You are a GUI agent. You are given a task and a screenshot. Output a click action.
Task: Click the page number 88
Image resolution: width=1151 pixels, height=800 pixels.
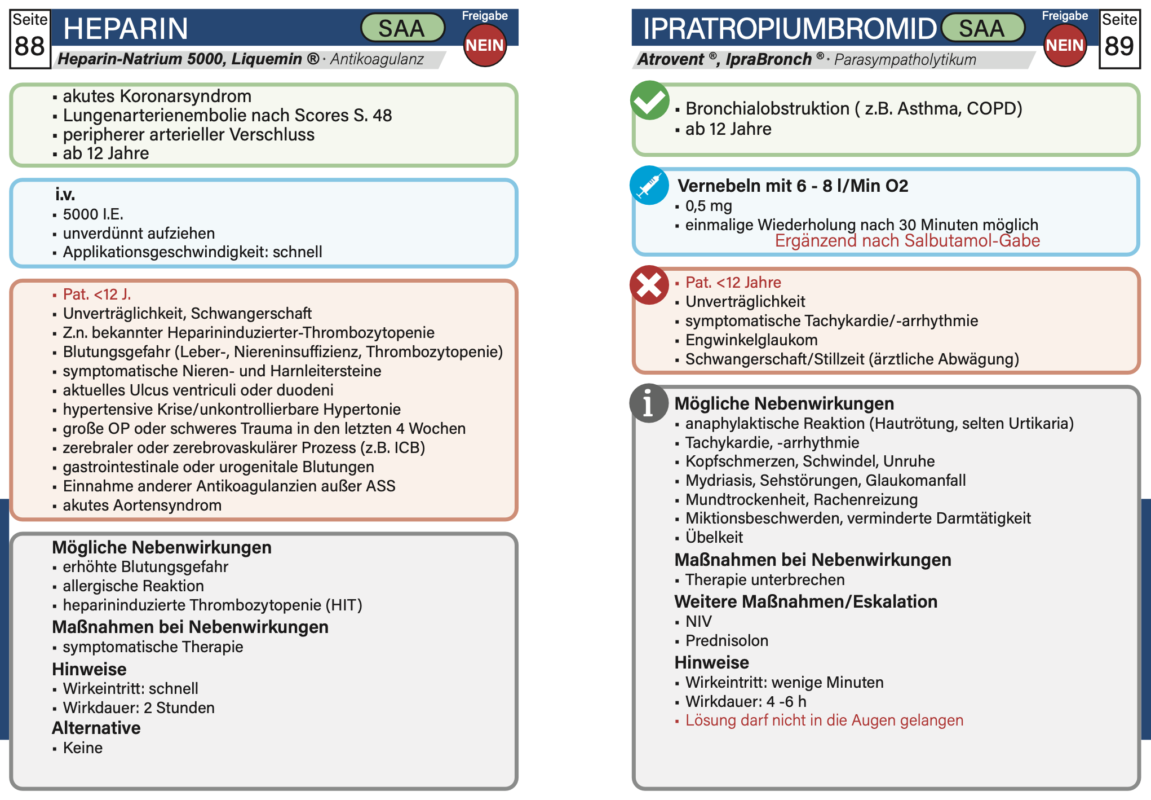click(30, 46)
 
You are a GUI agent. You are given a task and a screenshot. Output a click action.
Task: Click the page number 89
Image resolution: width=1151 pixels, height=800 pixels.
click(1119, 46)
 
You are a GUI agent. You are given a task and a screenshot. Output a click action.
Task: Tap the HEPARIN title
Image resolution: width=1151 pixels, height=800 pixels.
click(126, 29)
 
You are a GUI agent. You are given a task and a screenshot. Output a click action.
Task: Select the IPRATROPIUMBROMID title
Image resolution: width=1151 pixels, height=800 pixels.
click(789, 29)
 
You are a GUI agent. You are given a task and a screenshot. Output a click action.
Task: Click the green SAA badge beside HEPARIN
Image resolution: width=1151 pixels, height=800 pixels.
click(402, 28)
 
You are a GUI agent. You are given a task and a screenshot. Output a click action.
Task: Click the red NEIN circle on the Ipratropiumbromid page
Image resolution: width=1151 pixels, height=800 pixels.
click(1065, 46)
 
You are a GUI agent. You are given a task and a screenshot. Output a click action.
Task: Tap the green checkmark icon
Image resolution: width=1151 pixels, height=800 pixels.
click(649, 100)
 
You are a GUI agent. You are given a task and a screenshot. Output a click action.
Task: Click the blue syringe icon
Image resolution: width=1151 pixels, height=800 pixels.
click(649, 185)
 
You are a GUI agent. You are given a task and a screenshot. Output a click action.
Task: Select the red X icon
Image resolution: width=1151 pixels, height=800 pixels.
click(649, 285)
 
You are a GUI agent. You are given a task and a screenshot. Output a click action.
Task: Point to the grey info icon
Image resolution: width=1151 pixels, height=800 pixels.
click(648, 403)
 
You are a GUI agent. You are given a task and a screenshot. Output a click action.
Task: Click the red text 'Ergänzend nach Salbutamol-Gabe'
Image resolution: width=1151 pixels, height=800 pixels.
click(907, 241)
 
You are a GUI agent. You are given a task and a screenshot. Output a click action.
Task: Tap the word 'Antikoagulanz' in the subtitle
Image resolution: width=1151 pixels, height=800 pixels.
click(377, 59)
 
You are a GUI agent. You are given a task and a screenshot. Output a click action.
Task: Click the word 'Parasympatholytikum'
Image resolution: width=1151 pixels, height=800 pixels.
click(905, 60)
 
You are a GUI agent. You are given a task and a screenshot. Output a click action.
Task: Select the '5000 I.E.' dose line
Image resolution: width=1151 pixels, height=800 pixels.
click(93, 214)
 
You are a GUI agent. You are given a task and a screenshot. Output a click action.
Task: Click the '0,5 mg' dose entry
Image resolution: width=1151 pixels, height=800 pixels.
click(709, 206)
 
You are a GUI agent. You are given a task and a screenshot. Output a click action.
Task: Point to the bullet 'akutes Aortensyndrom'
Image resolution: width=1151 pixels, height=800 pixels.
click(142, 506)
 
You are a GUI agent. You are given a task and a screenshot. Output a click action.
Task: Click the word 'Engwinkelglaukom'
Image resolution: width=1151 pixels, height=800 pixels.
click(751, 340)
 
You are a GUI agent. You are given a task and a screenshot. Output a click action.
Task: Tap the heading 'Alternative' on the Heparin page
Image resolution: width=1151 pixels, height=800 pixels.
click(96, 728)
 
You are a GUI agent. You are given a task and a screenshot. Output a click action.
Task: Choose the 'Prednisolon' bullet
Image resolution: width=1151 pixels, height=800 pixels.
click(727, 641)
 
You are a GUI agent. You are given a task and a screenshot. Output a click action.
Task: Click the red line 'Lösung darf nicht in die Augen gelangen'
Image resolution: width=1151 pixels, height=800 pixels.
click(824, 720)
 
